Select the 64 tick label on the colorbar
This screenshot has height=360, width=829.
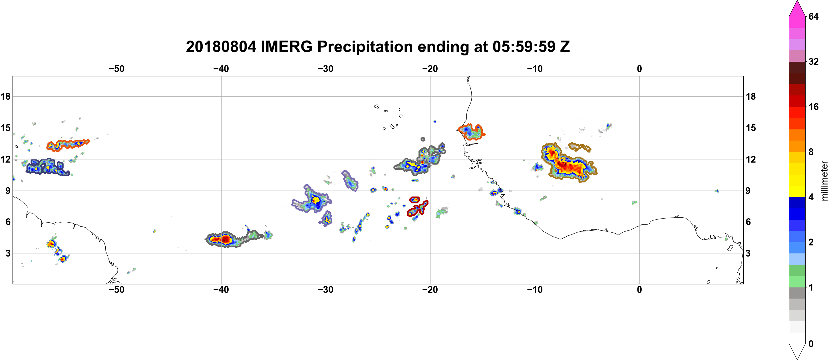click(x=813, y=16)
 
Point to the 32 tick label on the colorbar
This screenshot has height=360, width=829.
click(x=813, y=61)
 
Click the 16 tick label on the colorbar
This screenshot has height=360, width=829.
click(x=813, y=107)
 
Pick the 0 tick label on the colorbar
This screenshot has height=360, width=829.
click(x=811, y=344)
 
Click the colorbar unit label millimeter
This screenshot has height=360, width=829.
click(x=824, y=181)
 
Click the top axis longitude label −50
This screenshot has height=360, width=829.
click(x=116, y=69)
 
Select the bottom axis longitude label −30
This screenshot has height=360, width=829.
click(x=326, y=290)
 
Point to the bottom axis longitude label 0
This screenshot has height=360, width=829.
click(x=639, y=290)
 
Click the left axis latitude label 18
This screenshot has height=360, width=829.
click(x=5, y=96)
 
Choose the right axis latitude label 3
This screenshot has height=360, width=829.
click(x=748, y=253)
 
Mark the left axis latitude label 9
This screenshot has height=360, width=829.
click(x=8, y=191)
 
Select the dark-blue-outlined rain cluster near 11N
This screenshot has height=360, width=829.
click(x=47, y=167)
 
